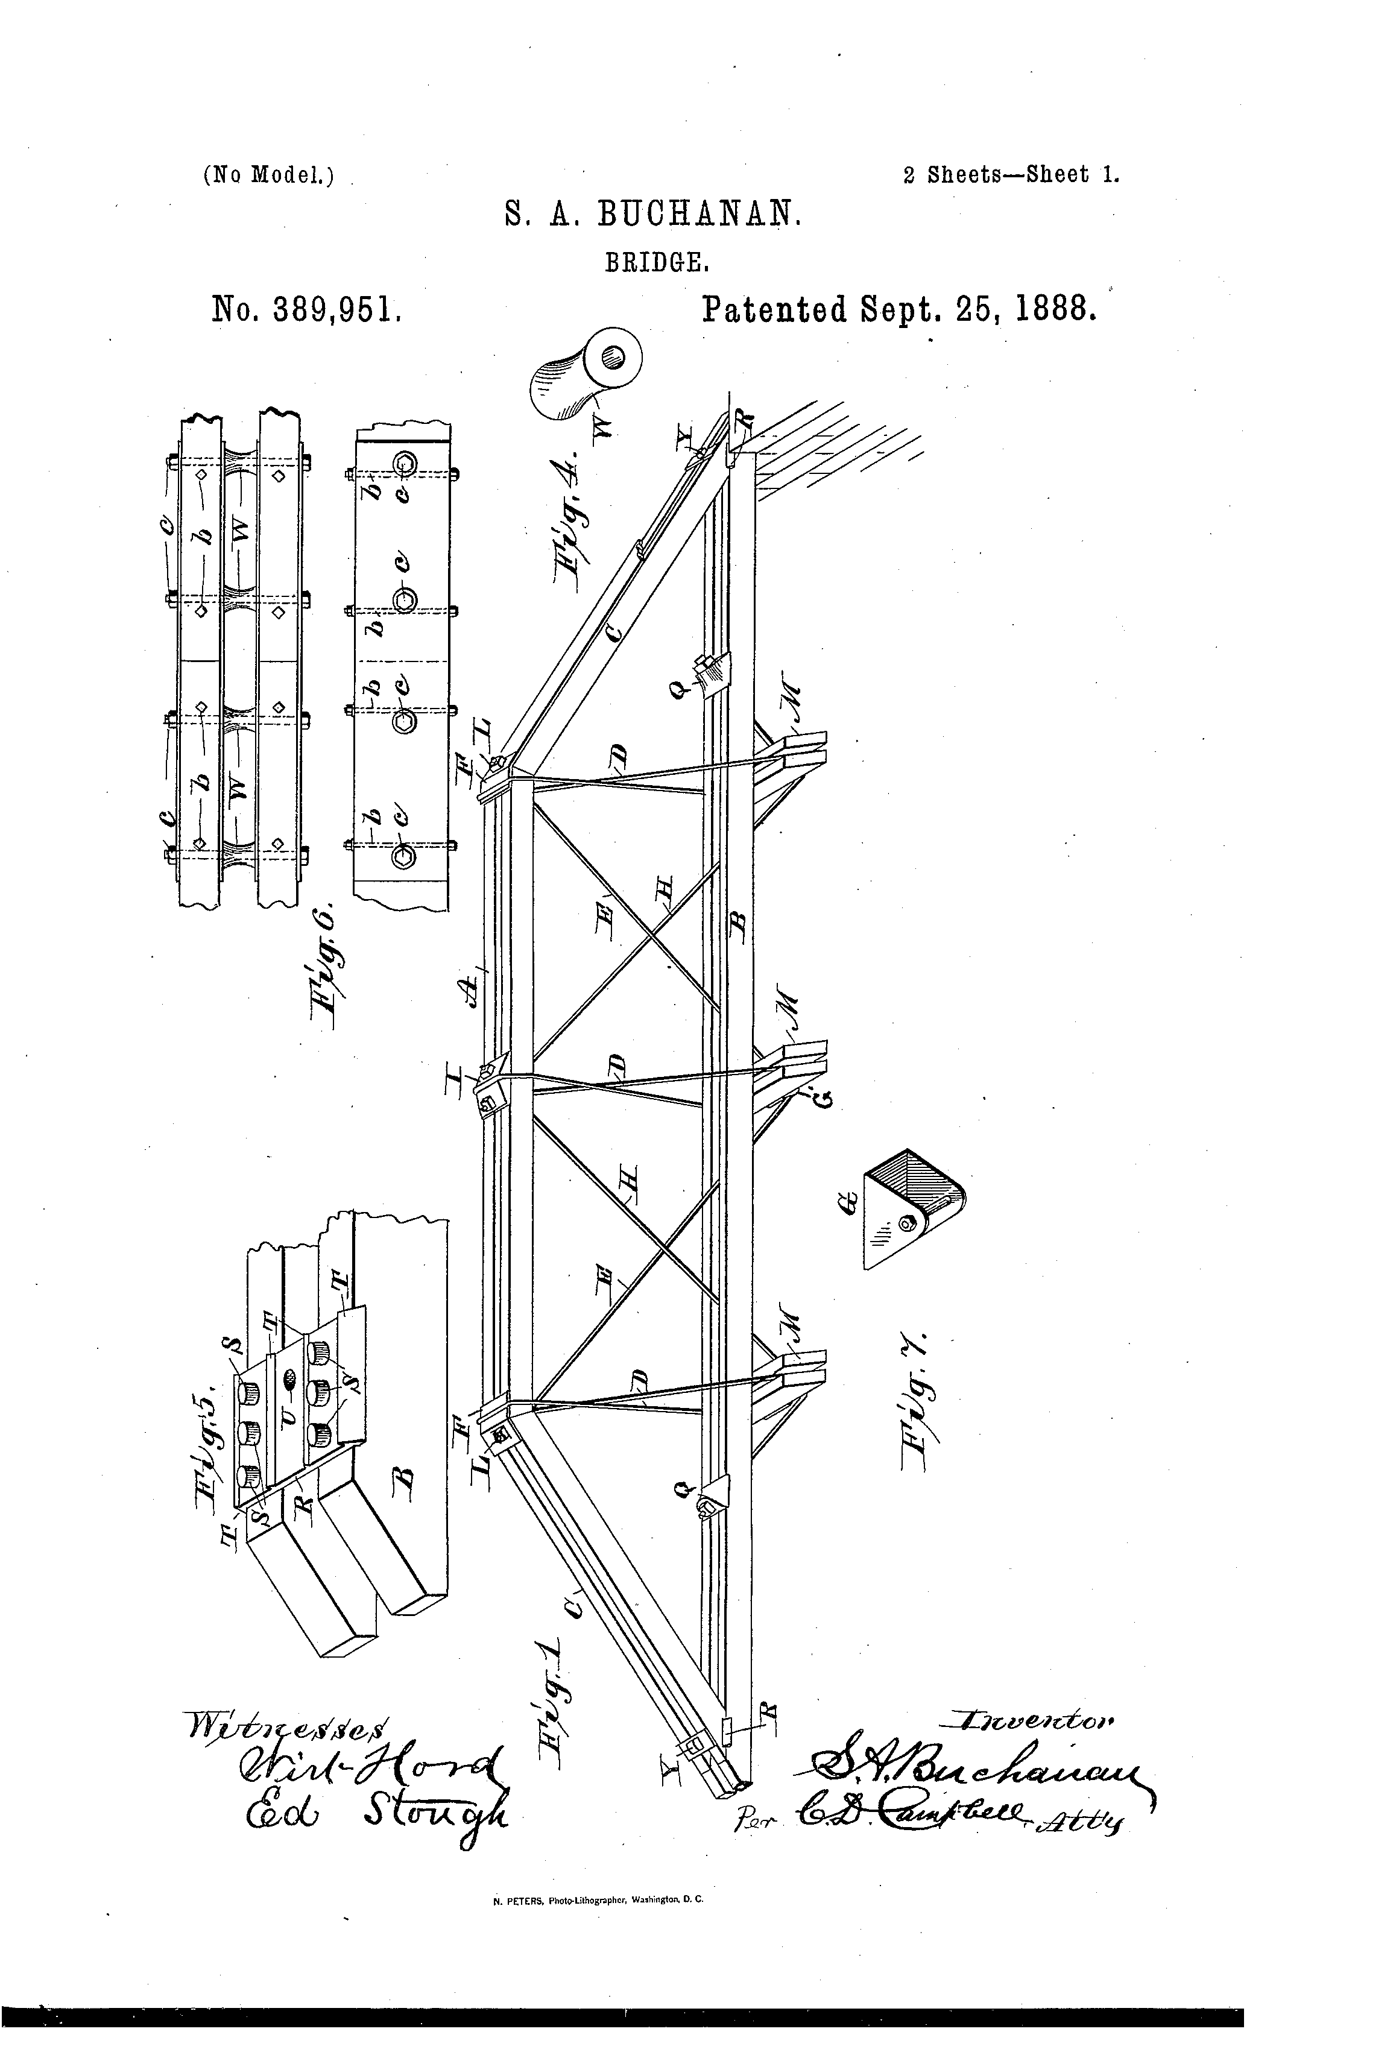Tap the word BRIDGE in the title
pos(655,263)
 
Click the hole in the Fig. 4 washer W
pos(612,357)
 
